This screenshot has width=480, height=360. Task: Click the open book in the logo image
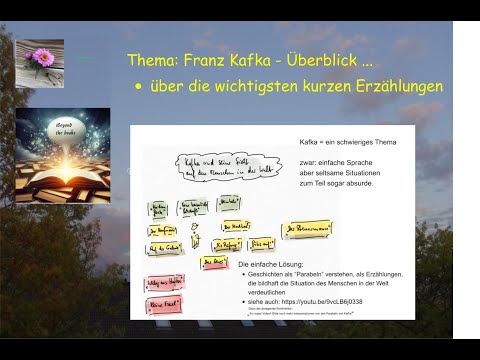(63, 159)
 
